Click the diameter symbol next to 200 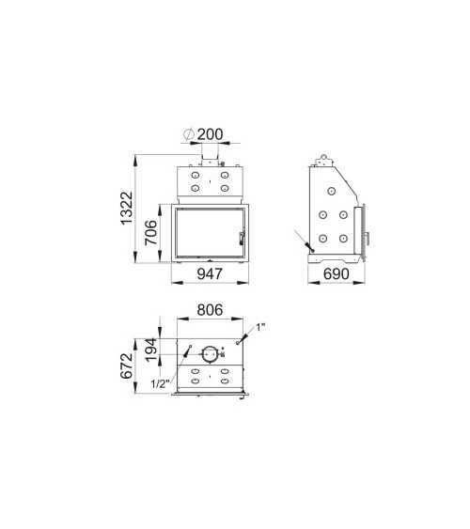point(188,133)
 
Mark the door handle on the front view point(242,235)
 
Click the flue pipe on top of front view point(210,155)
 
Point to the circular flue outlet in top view point(210,355)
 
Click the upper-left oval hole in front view point(196,175)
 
